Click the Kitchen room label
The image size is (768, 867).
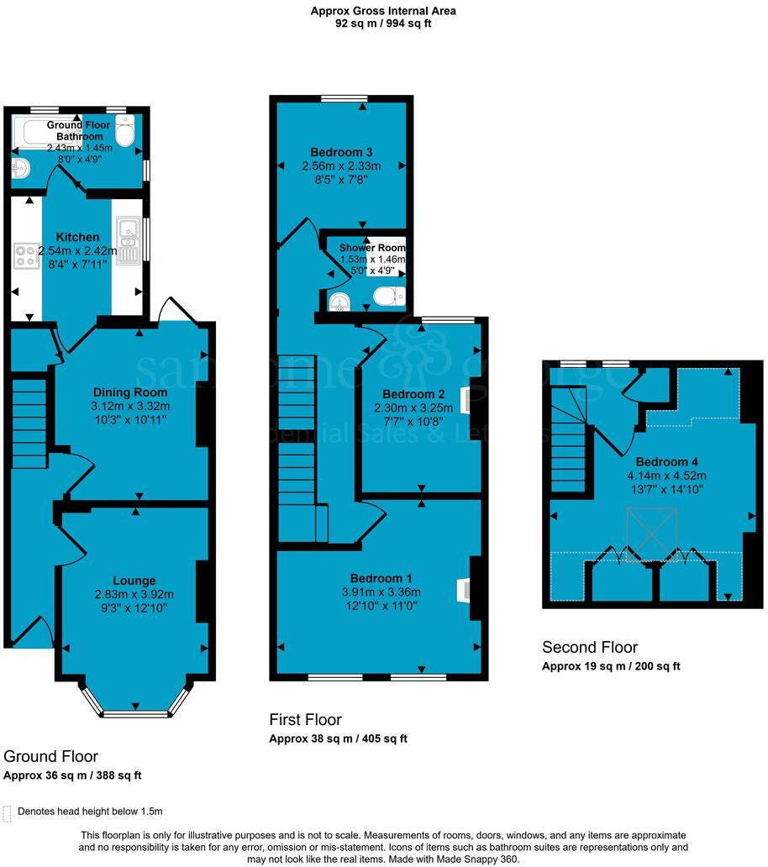pyautogui.click(x=76, y=238)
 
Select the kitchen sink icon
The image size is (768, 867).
pyautogui.click(x=129, y=239)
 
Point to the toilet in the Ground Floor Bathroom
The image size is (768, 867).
pyautogui.click(x=124, y=132)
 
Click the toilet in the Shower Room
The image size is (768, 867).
pyautogui.click(x=389, y=296)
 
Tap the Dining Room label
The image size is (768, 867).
pyautogui.click(x=129, y=392)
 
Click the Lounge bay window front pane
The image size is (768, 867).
pyautogui.click(x=135, y=714)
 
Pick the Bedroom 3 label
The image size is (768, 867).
pyautogui.click(x=340, y=152)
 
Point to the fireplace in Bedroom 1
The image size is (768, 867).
pyautogui.click(x=462, y=590)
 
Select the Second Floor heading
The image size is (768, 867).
pyautogui.click(x=589, y=648)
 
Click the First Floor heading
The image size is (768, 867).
pyautogui.click(x=305, y=720)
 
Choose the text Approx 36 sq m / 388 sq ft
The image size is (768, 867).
pyautogui.click(x=72, y=775)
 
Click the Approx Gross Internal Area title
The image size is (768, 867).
pyautogui.click(x=383, y=11)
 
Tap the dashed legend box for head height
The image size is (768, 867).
pyautogui.click(x=8, y=812)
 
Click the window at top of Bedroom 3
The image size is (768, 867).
pyautogui.click(x=341, y=99)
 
